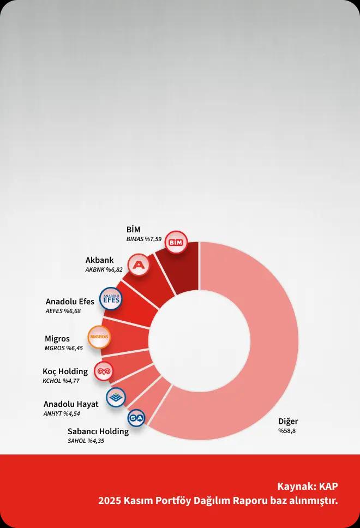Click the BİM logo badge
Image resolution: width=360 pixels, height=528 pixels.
176,242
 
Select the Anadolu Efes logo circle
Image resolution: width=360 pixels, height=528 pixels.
111,299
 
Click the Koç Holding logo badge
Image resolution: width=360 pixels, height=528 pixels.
104,371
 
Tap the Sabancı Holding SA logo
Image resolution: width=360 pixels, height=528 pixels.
136,418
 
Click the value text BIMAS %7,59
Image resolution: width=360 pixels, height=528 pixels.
145,239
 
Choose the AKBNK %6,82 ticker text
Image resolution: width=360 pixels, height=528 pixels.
104,269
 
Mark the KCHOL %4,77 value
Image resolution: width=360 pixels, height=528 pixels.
61,381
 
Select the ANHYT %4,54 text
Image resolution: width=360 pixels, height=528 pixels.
62,413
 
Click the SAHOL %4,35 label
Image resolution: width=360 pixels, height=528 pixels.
86,441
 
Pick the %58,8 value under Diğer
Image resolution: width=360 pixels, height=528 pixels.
287,431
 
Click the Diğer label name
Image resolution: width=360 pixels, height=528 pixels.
288,421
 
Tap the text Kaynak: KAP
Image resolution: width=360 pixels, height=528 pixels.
308,486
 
